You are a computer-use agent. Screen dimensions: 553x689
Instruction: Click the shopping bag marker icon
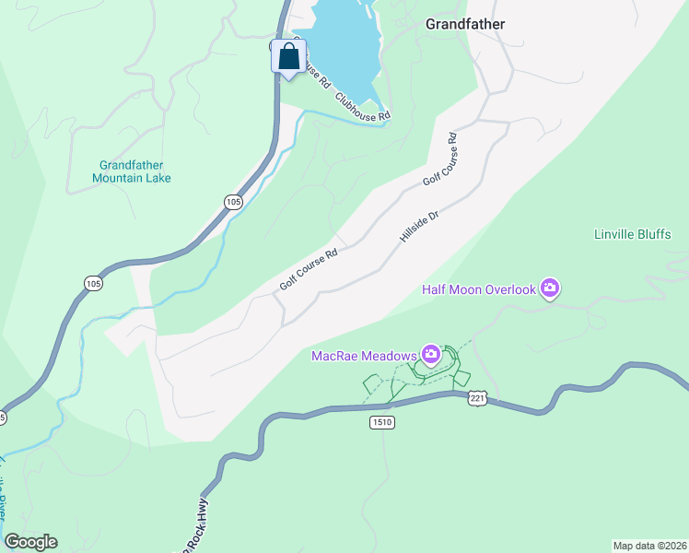pos(288,57)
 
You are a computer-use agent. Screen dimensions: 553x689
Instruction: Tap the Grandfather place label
pos(465,25)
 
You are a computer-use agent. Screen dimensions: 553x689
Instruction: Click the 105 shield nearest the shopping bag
pos(233,202)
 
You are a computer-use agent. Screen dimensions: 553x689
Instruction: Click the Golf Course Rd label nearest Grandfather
pos(440,161)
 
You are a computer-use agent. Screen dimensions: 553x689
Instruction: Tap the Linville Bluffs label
pos(633,234)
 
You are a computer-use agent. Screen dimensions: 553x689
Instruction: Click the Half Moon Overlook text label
pos(478,289)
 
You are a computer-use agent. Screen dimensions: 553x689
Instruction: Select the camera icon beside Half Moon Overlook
pos(550,289)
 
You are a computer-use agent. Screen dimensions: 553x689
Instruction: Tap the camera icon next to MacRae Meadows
pos(430,354)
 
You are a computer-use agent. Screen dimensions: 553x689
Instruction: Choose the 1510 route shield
pos(383,421)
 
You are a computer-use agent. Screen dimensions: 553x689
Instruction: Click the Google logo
pos(30,542)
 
